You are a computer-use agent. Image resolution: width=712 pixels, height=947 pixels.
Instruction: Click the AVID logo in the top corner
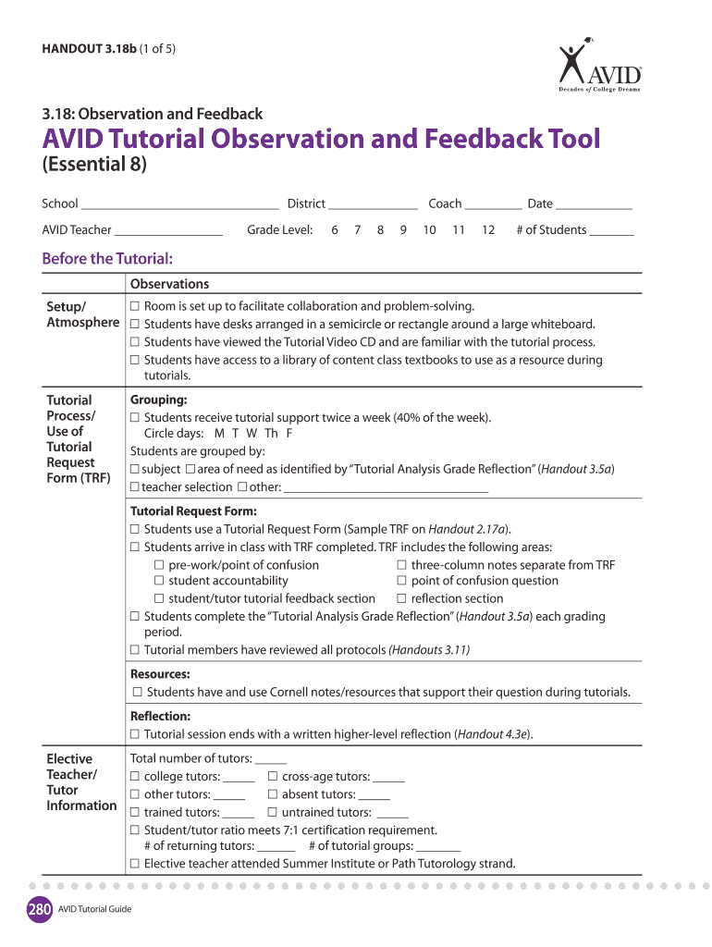[x=599, y=67]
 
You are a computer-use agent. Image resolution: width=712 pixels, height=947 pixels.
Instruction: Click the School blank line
[x=179, y=204]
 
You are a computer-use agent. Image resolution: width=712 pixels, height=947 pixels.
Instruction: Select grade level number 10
[x=429, y=230]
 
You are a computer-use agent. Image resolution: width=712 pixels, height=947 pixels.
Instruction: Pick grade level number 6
[x=334, y=230]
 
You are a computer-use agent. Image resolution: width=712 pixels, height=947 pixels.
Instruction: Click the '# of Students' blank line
[x=611, y=231]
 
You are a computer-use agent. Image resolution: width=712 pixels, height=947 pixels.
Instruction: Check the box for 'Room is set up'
[x=135, y=307]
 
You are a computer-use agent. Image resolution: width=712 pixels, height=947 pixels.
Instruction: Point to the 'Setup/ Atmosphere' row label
[x=82, y=314]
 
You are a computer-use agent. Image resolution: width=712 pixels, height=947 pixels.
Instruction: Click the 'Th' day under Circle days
[x=271, y=434]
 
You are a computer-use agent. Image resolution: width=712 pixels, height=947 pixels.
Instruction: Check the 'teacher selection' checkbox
[x=135, y=487]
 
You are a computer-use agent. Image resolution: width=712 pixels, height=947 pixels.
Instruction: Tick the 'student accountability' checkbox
[x=159, y=582]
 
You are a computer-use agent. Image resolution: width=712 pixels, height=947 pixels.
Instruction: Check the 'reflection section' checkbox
[x=402, y=599]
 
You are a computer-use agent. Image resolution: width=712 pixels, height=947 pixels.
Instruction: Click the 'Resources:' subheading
[x=160, y=674]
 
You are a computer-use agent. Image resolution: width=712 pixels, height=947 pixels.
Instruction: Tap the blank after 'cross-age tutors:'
[x=389, y=778]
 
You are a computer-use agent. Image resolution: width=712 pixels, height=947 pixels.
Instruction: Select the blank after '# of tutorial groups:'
[x=438, y=847]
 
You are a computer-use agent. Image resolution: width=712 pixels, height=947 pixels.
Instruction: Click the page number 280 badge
[x=38, y=908]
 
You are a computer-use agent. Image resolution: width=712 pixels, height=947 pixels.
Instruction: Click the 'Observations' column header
[x=169, y=285]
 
